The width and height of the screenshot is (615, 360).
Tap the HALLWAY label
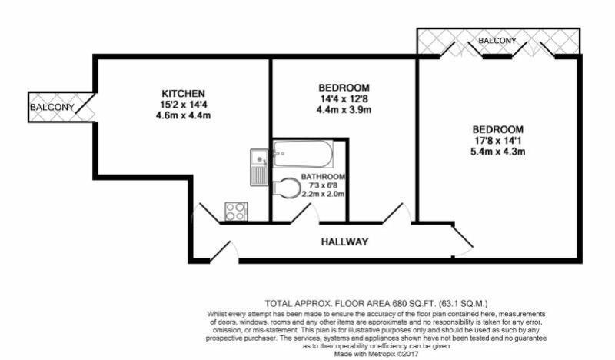pos(344,242)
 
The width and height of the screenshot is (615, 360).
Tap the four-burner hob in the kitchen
pos(234,210)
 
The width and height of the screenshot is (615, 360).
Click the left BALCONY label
pos(52,108)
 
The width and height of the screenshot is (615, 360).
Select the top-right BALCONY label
pos(497,40)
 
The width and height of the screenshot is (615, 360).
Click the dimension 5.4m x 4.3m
pos(498,152)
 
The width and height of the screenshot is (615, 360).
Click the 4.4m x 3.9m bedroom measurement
pos(344,110)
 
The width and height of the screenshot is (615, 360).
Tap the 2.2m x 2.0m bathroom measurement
pos(323,194)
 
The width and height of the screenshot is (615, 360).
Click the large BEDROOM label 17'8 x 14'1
pos(498,129)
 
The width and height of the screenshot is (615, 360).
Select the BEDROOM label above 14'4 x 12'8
pos(344,87)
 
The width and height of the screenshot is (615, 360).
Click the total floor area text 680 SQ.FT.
pos(377,303)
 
